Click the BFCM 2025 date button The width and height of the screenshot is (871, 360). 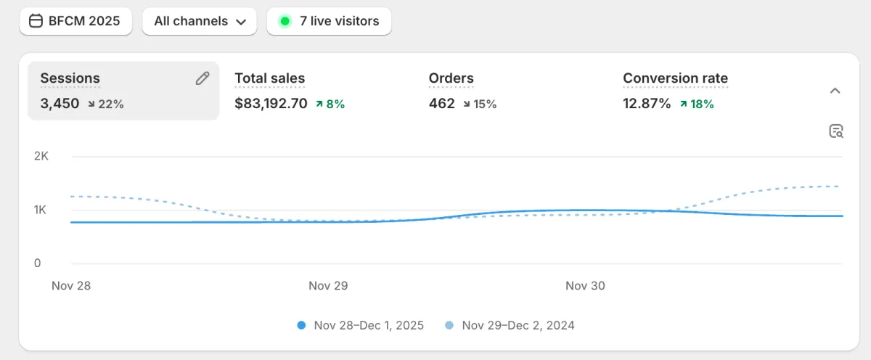[x=75, y=21]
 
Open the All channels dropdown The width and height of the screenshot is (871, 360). [x=200, y=21]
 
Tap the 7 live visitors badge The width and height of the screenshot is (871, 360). [x=329, y=21]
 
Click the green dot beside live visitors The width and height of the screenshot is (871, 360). [x=285, y=21]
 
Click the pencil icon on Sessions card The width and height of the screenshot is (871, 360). [x=203, y=78]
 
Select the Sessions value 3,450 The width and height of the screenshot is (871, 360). [x=60, y=104]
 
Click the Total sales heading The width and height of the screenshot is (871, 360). [x=269, y=78]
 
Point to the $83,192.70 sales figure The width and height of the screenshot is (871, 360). [x=271, y=104]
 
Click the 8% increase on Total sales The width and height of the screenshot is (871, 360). [x=330, y=104]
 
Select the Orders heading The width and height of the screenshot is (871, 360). [x=451, y=78]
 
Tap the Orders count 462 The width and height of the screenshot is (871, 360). [x=441, y=104]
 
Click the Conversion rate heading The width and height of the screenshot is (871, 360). [x=675, y=78]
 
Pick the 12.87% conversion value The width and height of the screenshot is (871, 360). [x=647, y=104]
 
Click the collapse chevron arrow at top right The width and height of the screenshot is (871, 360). [x=835, y=91]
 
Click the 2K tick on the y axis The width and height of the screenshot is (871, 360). [x=41, y=156]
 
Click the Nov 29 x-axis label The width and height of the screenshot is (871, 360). [x=328, y=286]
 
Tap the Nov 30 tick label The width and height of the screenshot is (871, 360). [x=585, y=286]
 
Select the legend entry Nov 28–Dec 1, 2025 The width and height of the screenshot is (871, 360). [x=361, y=325]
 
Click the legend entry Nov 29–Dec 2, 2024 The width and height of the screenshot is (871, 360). [x=510, y=325]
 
